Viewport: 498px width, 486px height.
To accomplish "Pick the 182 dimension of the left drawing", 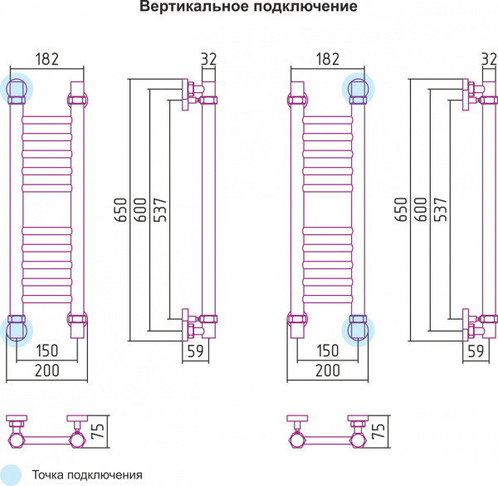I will (47, 59).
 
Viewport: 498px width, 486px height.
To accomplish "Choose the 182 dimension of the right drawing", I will (329, 59).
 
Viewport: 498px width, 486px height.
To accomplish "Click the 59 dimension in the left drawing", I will (195, 351).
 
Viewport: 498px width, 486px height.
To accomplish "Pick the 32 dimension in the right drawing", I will (489, 59).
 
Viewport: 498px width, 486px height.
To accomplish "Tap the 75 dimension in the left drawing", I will (97, 429).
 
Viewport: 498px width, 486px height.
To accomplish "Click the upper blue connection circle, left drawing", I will (17, 87).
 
